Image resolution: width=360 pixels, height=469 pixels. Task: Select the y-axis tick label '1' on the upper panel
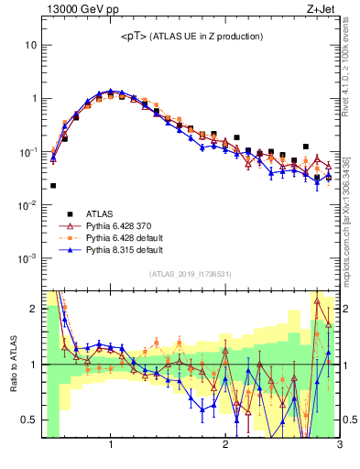[x=34, y=98]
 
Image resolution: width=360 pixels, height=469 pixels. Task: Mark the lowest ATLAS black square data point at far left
[x=53, y=186]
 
